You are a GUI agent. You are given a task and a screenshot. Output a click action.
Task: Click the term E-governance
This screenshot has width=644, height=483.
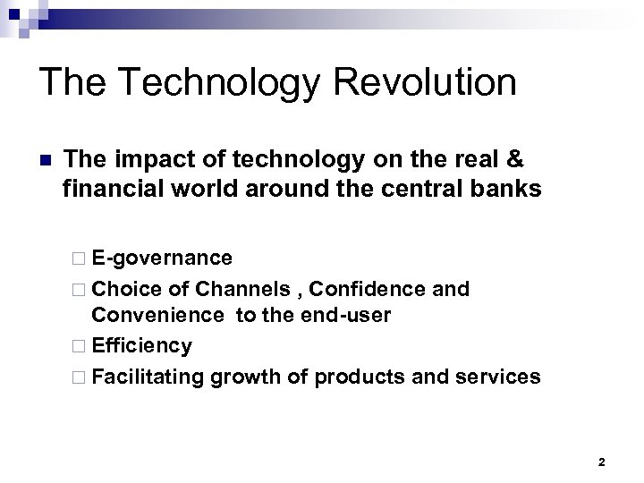click(x=161, y=259)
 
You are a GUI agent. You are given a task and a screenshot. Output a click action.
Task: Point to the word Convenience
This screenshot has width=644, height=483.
click(x=157, y=317)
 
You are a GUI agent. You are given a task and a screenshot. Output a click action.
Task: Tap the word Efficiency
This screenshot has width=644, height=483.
click(x=141, y=345)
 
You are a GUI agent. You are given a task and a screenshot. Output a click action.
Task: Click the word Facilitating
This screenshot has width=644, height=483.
click(x=148, y=376)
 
